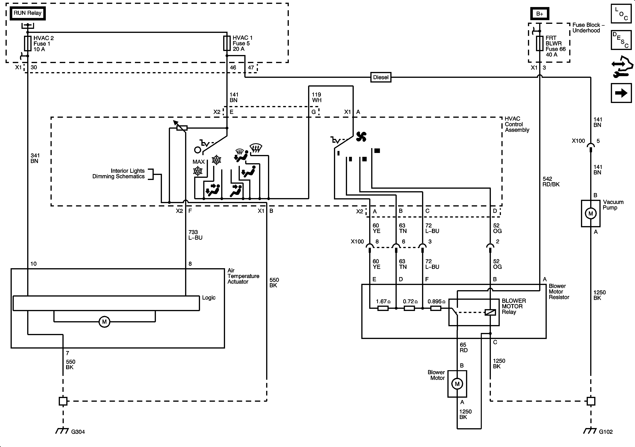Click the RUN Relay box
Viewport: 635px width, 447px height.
pyautogui.click(x=27, y=13)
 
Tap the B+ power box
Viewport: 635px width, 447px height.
pyautogui.click(x=539, y=14)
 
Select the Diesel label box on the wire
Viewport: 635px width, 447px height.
pyautogui.click(x=381, y=77)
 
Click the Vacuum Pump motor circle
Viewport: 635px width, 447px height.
pyautogui.click(x=591, y=213)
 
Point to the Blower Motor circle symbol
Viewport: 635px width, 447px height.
pyautogui.click(x=457, y=384)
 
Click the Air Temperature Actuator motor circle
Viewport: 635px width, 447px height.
pyautogui.click(x=104, y=322)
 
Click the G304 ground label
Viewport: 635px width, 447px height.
pyautogui.click(x=78, y=432)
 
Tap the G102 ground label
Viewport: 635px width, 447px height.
pyautogui.click(x=606, y=432)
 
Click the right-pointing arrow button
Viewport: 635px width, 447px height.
pyautogui.click(x=621, y=93)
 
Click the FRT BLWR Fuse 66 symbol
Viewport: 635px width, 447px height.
pyautogui.click(x=540, y=43)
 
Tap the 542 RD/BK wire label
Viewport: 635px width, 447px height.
pyautogui.click(x=551, y=182)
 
